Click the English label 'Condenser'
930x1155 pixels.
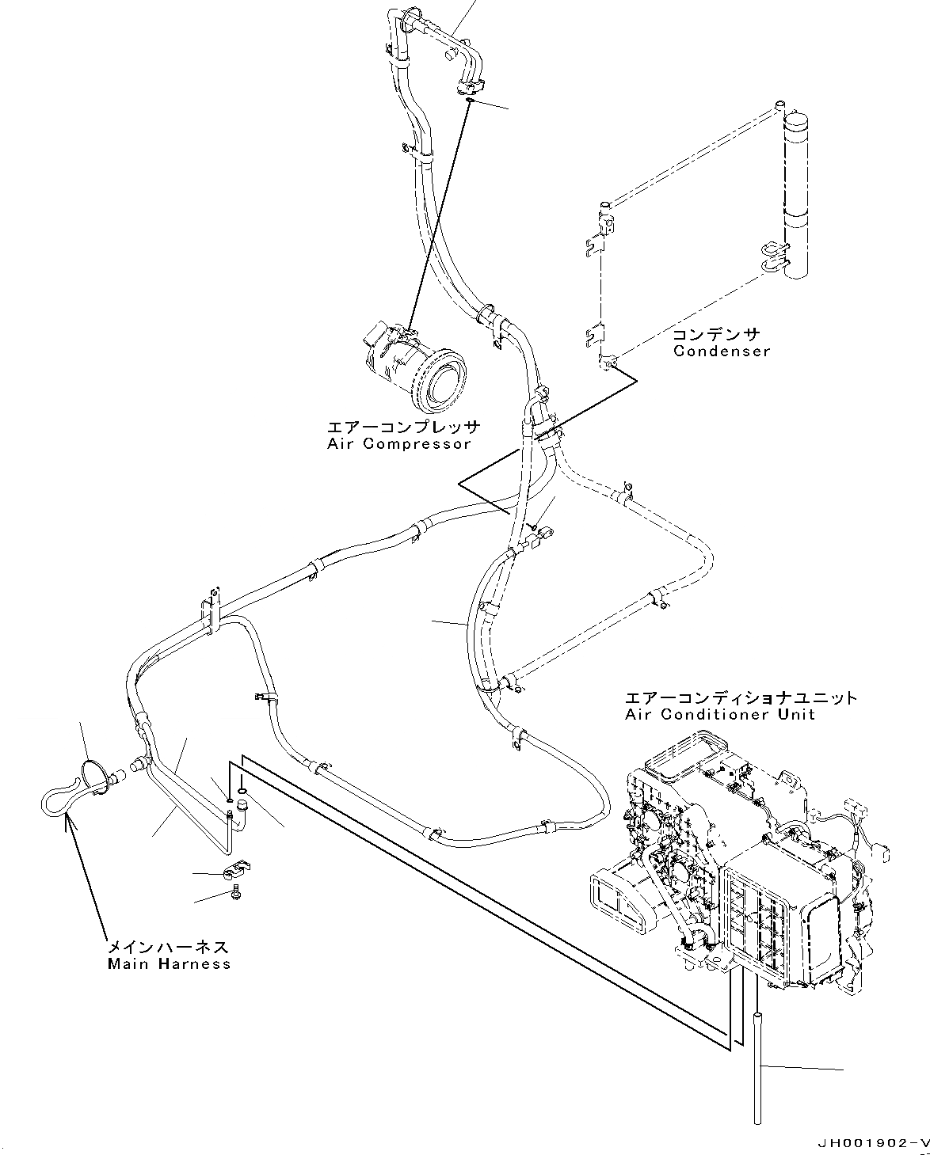tap(721, 351)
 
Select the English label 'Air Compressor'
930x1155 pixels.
tap(398, 443)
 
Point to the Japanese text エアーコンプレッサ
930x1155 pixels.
tap(403, 427)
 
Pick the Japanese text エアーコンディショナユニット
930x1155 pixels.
tap(741, 698)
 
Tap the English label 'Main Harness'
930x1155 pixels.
tap(169, 963)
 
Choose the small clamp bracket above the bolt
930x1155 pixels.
tap(235, 872)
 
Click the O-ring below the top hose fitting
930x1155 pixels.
tap(469, 101)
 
